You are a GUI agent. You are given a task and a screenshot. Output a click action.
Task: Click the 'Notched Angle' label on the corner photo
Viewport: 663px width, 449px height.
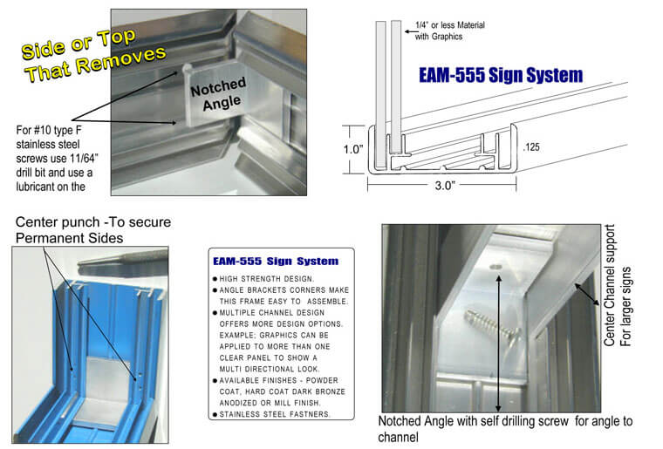click(219, 94)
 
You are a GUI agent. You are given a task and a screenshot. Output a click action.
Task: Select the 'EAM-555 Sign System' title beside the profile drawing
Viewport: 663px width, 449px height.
click(498, 77)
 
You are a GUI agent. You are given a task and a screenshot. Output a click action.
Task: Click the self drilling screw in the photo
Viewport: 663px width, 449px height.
click(493, 323)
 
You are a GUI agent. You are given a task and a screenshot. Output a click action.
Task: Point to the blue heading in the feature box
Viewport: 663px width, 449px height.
click(276, 261)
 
